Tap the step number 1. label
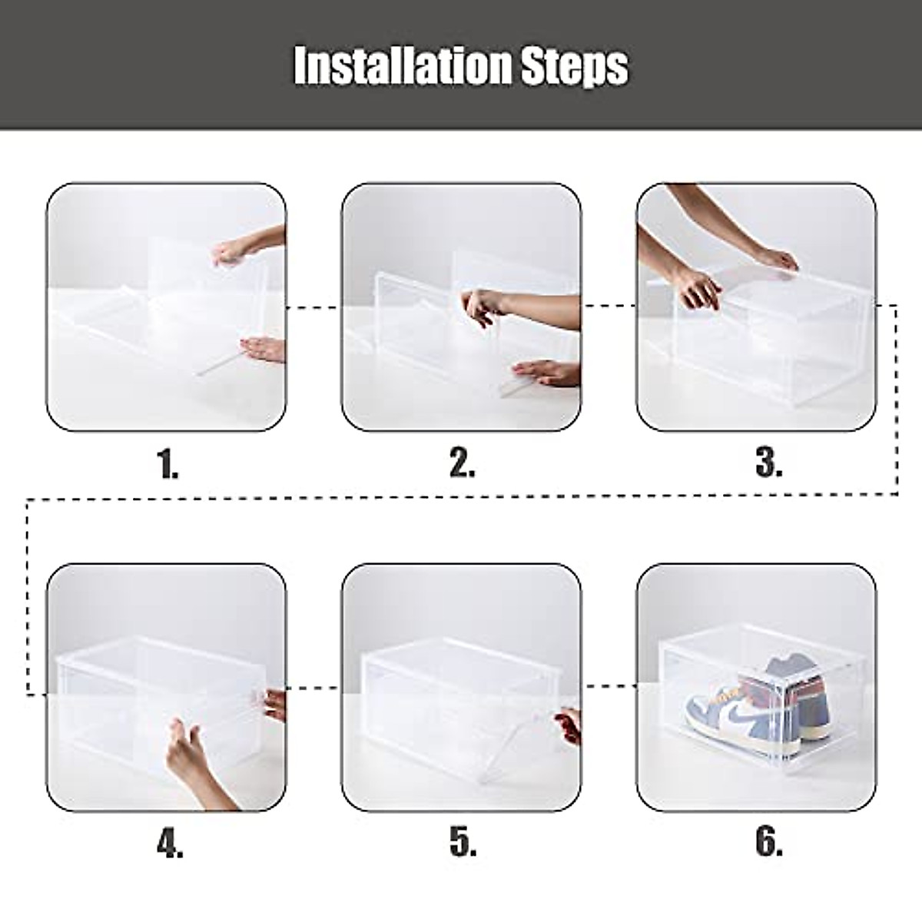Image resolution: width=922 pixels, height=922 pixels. pyautogui.click(x=167, y=465)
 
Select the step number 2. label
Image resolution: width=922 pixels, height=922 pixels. pyautogui.click(x=462, y=463)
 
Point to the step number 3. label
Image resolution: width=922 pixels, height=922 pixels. pyautogui.click(x=769, y=463)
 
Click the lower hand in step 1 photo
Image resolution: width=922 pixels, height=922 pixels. pyautogui.click(x=261, y=351)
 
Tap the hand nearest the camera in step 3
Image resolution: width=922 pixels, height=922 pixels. pyautogui.click(x=699, y=292)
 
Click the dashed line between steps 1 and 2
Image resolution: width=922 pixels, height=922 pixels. pyautogui.click(x=313, y=307)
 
